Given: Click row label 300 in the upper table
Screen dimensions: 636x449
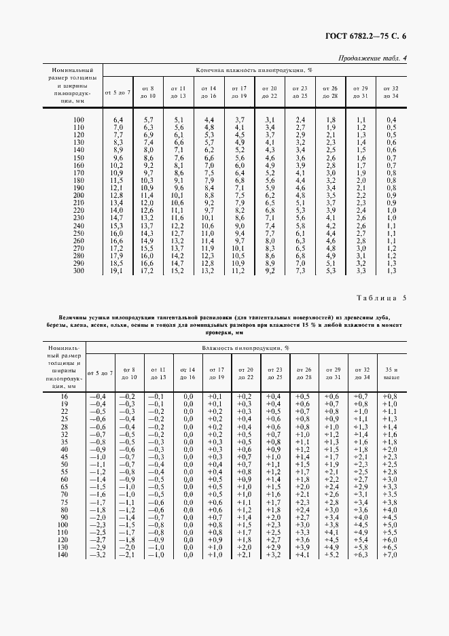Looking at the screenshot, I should pyautogui.click(x=79, y=270).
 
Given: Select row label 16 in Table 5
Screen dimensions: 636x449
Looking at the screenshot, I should pyautogui.click(x=65, y=395).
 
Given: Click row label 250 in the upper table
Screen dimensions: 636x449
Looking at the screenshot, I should pyautogui.click(x=79, y=233).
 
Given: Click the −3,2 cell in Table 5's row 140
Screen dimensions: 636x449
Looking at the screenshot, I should pyautogui.click(x=99, y=555).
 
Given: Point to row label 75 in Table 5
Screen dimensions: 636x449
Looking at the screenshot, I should pyautogui.click(x=65, y=503).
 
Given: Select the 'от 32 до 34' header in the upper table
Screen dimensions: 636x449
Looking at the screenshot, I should pyautogui.click(x=391, y=92).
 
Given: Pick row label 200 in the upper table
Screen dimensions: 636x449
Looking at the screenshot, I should pyautogui.click(x=79, y=195).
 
